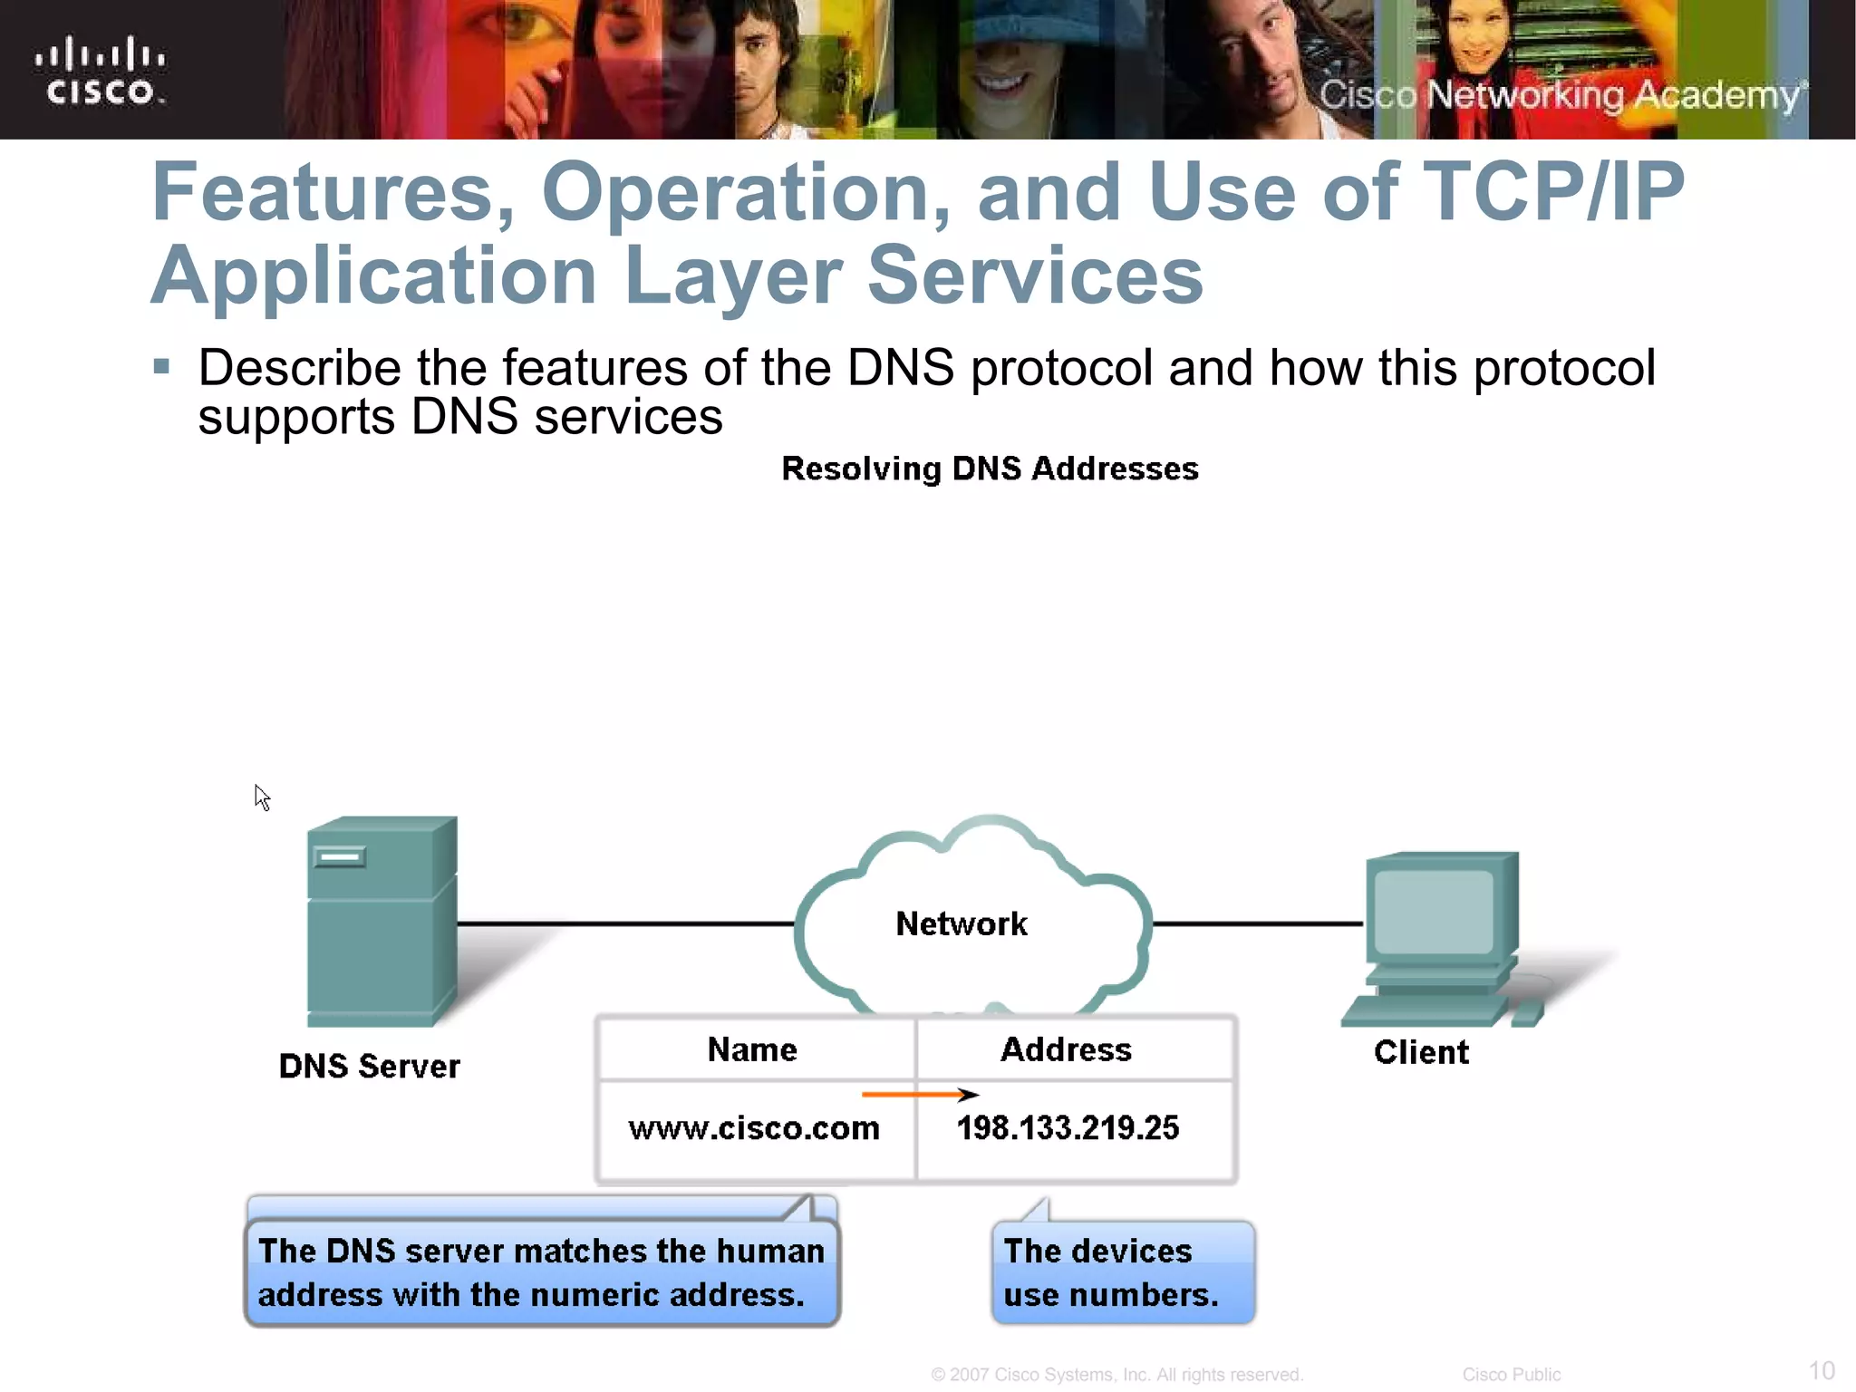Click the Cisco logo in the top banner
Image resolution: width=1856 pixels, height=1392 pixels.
[x=100, y=71]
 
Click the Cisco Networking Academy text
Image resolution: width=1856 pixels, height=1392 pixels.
[x=1561, y=95]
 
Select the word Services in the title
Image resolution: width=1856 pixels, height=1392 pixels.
[x=1035, y=275]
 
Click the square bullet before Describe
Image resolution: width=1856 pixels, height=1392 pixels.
[x=162, y=367]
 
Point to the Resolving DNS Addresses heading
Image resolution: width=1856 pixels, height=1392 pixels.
[x=990, y=469]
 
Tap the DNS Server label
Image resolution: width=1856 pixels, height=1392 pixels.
[x=369, y=1066]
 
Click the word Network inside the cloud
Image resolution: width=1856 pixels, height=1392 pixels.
[x=962, y=923]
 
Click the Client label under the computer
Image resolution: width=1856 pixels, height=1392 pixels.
[x=1420, y=1052]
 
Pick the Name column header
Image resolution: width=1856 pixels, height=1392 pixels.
[x=752, y=1049]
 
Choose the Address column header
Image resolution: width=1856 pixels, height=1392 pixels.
[x=1066, y=1049]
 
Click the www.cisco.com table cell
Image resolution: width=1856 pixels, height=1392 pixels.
[x=754, y=1128]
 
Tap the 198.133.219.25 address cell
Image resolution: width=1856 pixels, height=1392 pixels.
[x=1068, y=1128]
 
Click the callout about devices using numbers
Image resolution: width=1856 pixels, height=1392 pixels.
[x=1122, y=1272]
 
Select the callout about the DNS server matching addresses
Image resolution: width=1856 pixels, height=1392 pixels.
[x=542, y=1272]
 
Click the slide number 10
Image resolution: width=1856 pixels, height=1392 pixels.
[x=1821, y=1370]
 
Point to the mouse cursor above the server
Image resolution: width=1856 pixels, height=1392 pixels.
[x=261, y=797]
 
